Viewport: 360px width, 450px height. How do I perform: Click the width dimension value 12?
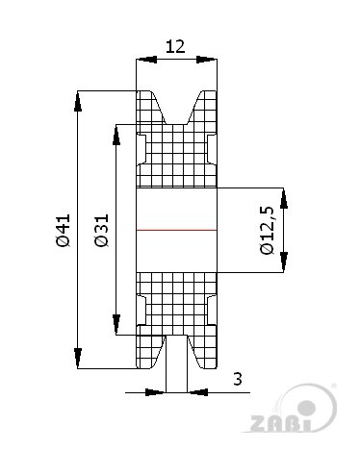tap(175, 47)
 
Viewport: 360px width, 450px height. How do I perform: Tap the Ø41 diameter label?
tap(63, 231)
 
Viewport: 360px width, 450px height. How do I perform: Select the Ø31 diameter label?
tap(102, 231)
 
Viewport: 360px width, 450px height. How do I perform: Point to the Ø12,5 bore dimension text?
tap(267, 230)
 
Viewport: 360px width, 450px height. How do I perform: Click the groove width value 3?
tap(238, 379)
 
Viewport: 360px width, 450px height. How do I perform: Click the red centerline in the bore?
tap(176, 230)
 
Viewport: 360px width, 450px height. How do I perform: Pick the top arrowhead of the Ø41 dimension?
tap(77, 101)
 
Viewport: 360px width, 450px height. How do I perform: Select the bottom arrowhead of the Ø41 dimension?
tap(77, 359)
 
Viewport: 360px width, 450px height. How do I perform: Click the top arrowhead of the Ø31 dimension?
tap(116, 135)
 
